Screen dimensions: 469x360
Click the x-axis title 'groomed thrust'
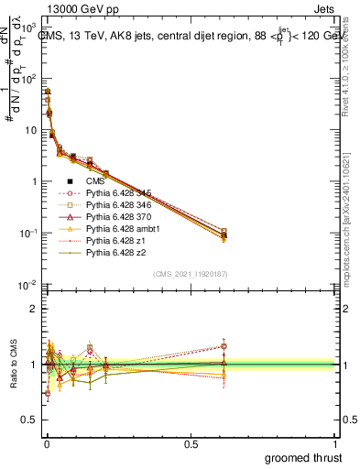tap(302, 456)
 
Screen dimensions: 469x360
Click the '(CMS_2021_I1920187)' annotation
tap(190, 273)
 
